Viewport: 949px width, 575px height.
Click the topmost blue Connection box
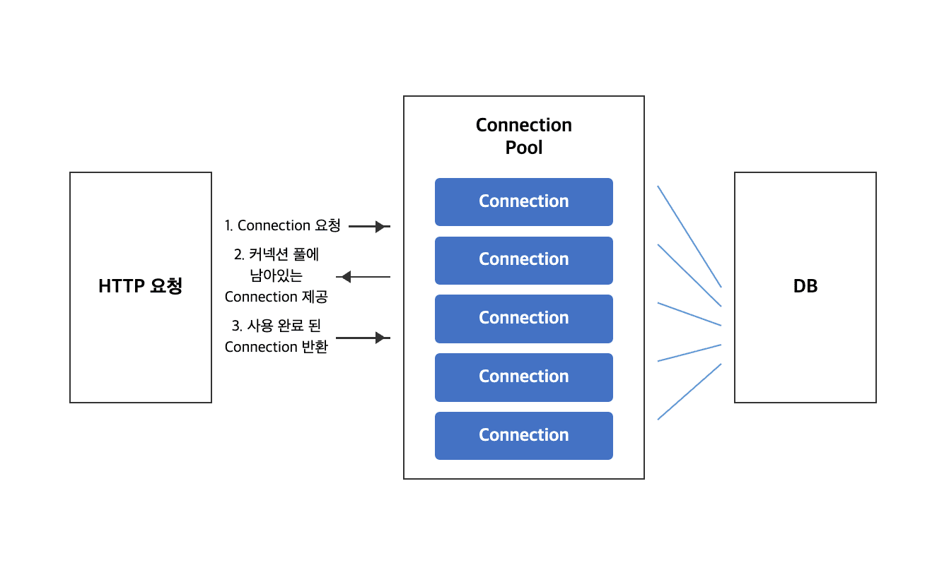(523, 201)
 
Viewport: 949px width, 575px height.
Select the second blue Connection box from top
(523, 260)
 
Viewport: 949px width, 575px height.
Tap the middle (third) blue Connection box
(523, 319)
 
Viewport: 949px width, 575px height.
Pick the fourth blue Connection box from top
(523, 377)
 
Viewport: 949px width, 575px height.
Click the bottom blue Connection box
(523, 435)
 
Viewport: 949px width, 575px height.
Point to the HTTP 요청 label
(140, 286)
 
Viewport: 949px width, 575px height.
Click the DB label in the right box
(805, 286)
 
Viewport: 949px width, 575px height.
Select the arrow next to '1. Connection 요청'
(369, 227)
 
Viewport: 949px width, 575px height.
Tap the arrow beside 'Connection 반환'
(362, 338)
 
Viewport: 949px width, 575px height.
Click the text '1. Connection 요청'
(282, 226)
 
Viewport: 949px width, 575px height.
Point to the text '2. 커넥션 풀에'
(276, 254)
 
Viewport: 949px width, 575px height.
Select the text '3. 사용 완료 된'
(276, 326)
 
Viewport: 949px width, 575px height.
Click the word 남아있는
(276, 275)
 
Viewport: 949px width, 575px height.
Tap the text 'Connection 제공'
(276, 297)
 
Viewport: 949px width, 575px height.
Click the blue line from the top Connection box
(689, 237)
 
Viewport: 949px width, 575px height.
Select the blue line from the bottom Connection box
(689, 392)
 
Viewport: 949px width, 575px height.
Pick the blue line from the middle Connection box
(689, 314)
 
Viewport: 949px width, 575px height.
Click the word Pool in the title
(523, 148)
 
